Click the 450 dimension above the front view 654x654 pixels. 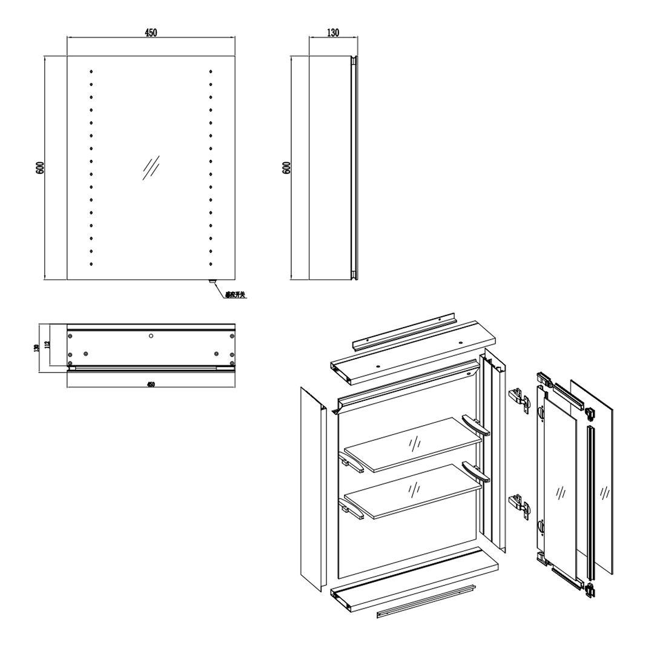[151, 33]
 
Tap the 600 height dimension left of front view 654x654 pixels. [40, 168]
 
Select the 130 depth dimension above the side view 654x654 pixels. [332, 33]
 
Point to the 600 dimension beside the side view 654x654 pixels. [286, 168]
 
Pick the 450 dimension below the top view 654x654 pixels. [151, 384]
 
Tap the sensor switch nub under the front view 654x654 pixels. [212, 282]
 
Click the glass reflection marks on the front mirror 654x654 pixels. [151, 168]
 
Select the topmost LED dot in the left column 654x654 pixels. [91, 71]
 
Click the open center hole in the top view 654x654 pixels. [151, 335]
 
